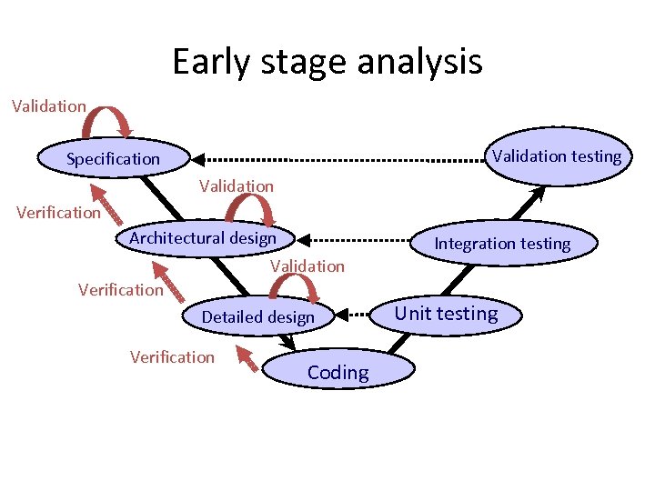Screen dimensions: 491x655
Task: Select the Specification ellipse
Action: tap(113, 159)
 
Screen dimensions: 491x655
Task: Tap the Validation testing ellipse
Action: tap(556, 155)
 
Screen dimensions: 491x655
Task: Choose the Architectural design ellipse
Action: tap(203, 238)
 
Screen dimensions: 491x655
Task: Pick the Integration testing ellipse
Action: tap(502, 244)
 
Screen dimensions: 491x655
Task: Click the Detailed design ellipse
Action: tap(257, 317)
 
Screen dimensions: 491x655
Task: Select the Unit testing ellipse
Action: tap(446, 315)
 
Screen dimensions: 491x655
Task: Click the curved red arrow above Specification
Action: tap(110, 118)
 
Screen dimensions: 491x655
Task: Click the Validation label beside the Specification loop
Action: tap(49, 106)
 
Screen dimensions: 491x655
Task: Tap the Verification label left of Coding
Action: tap(172, 357)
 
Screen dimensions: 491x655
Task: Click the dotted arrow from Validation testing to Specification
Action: tap(337, 158)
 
